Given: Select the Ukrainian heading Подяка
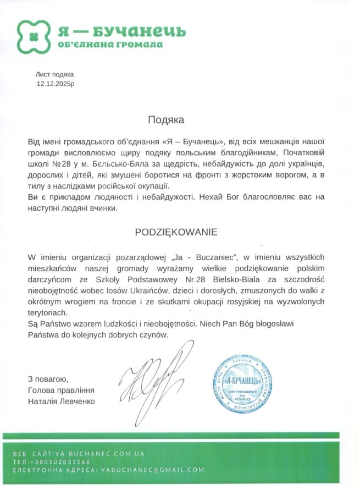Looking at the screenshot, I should tap(165, 119).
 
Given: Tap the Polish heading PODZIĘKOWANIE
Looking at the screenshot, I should tap(176, 232).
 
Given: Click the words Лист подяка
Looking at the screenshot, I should tap(54, 74).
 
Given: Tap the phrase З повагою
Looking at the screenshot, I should tap(48, 380).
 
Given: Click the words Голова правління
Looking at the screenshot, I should tap(61, 391).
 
